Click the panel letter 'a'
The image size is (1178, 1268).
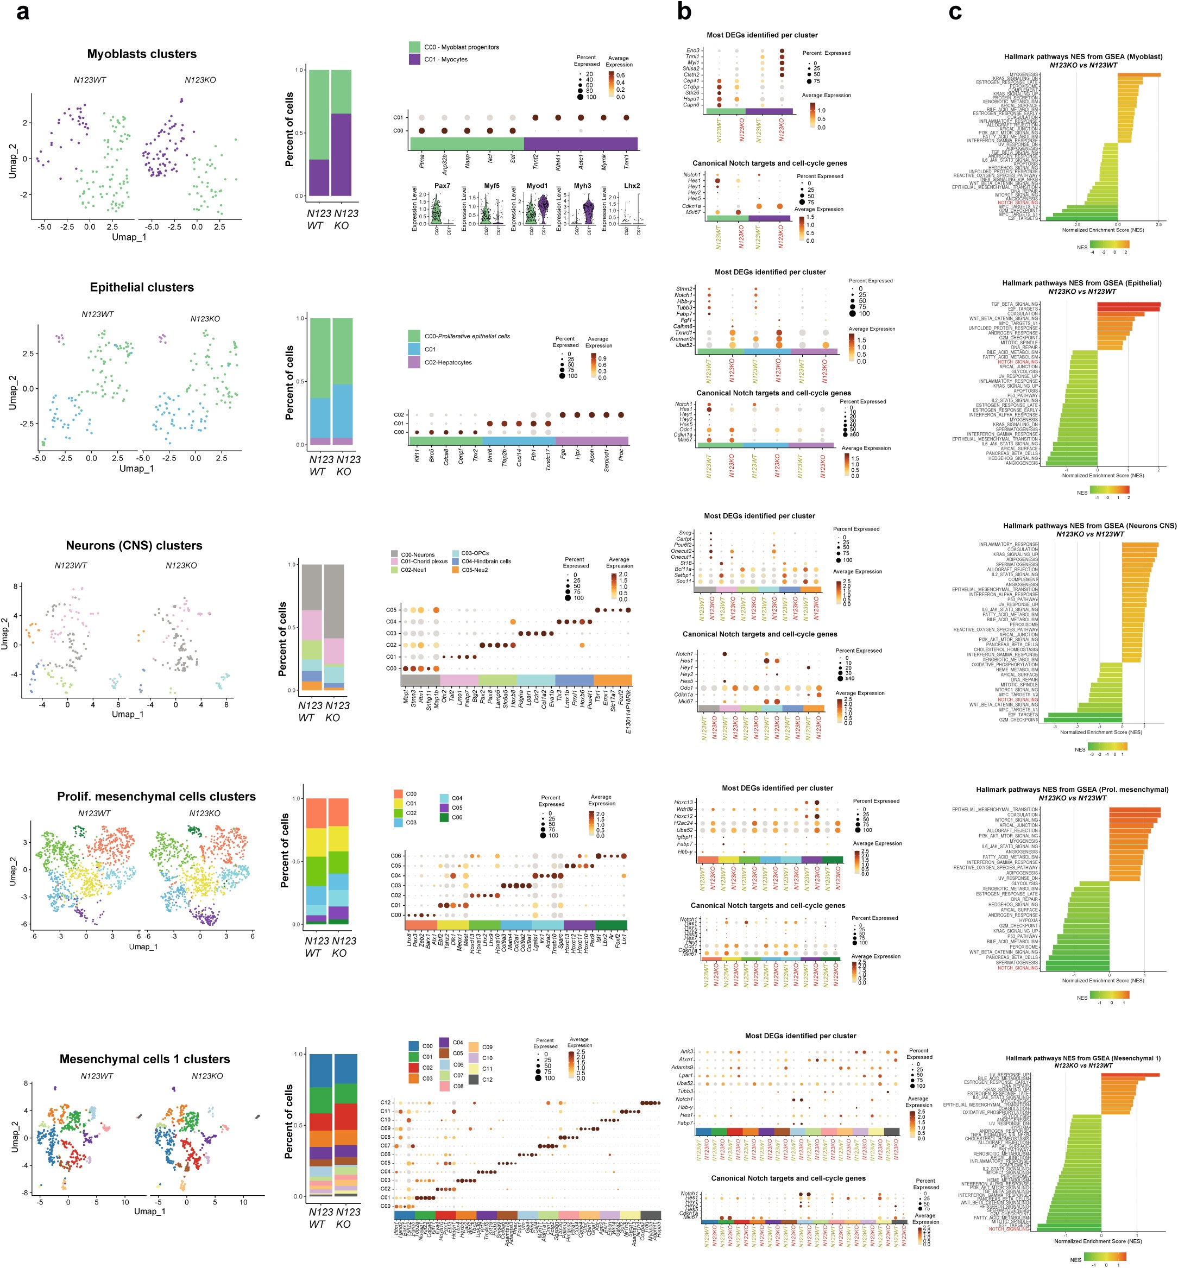[x=22, y=11]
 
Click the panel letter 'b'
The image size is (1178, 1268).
[x=685, y=11]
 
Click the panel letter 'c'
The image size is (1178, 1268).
[x=955, y=11]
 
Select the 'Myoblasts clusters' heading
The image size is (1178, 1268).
[x=142, y=54]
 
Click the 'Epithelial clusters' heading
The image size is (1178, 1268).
[x=142, y=287]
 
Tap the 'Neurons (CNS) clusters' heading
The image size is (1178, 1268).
[x=134, y=546]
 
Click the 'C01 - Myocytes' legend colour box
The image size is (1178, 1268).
[x=414, y=59]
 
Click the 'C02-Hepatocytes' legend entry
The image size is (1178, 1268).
[x=448, y=362]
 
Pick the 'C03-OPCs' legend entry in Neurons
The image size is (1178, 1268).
[x=475, y=553]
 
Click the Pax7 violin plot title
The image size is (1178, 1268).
[x=443, y=186]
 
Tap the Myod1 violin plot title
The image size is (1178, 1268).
[x=537, y=186]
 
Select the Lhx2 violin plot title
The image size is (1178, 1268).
[x=632, y=186]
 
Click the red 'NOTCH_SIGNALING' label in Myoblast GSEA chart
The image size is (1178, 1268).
[x=1017, y=203]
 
